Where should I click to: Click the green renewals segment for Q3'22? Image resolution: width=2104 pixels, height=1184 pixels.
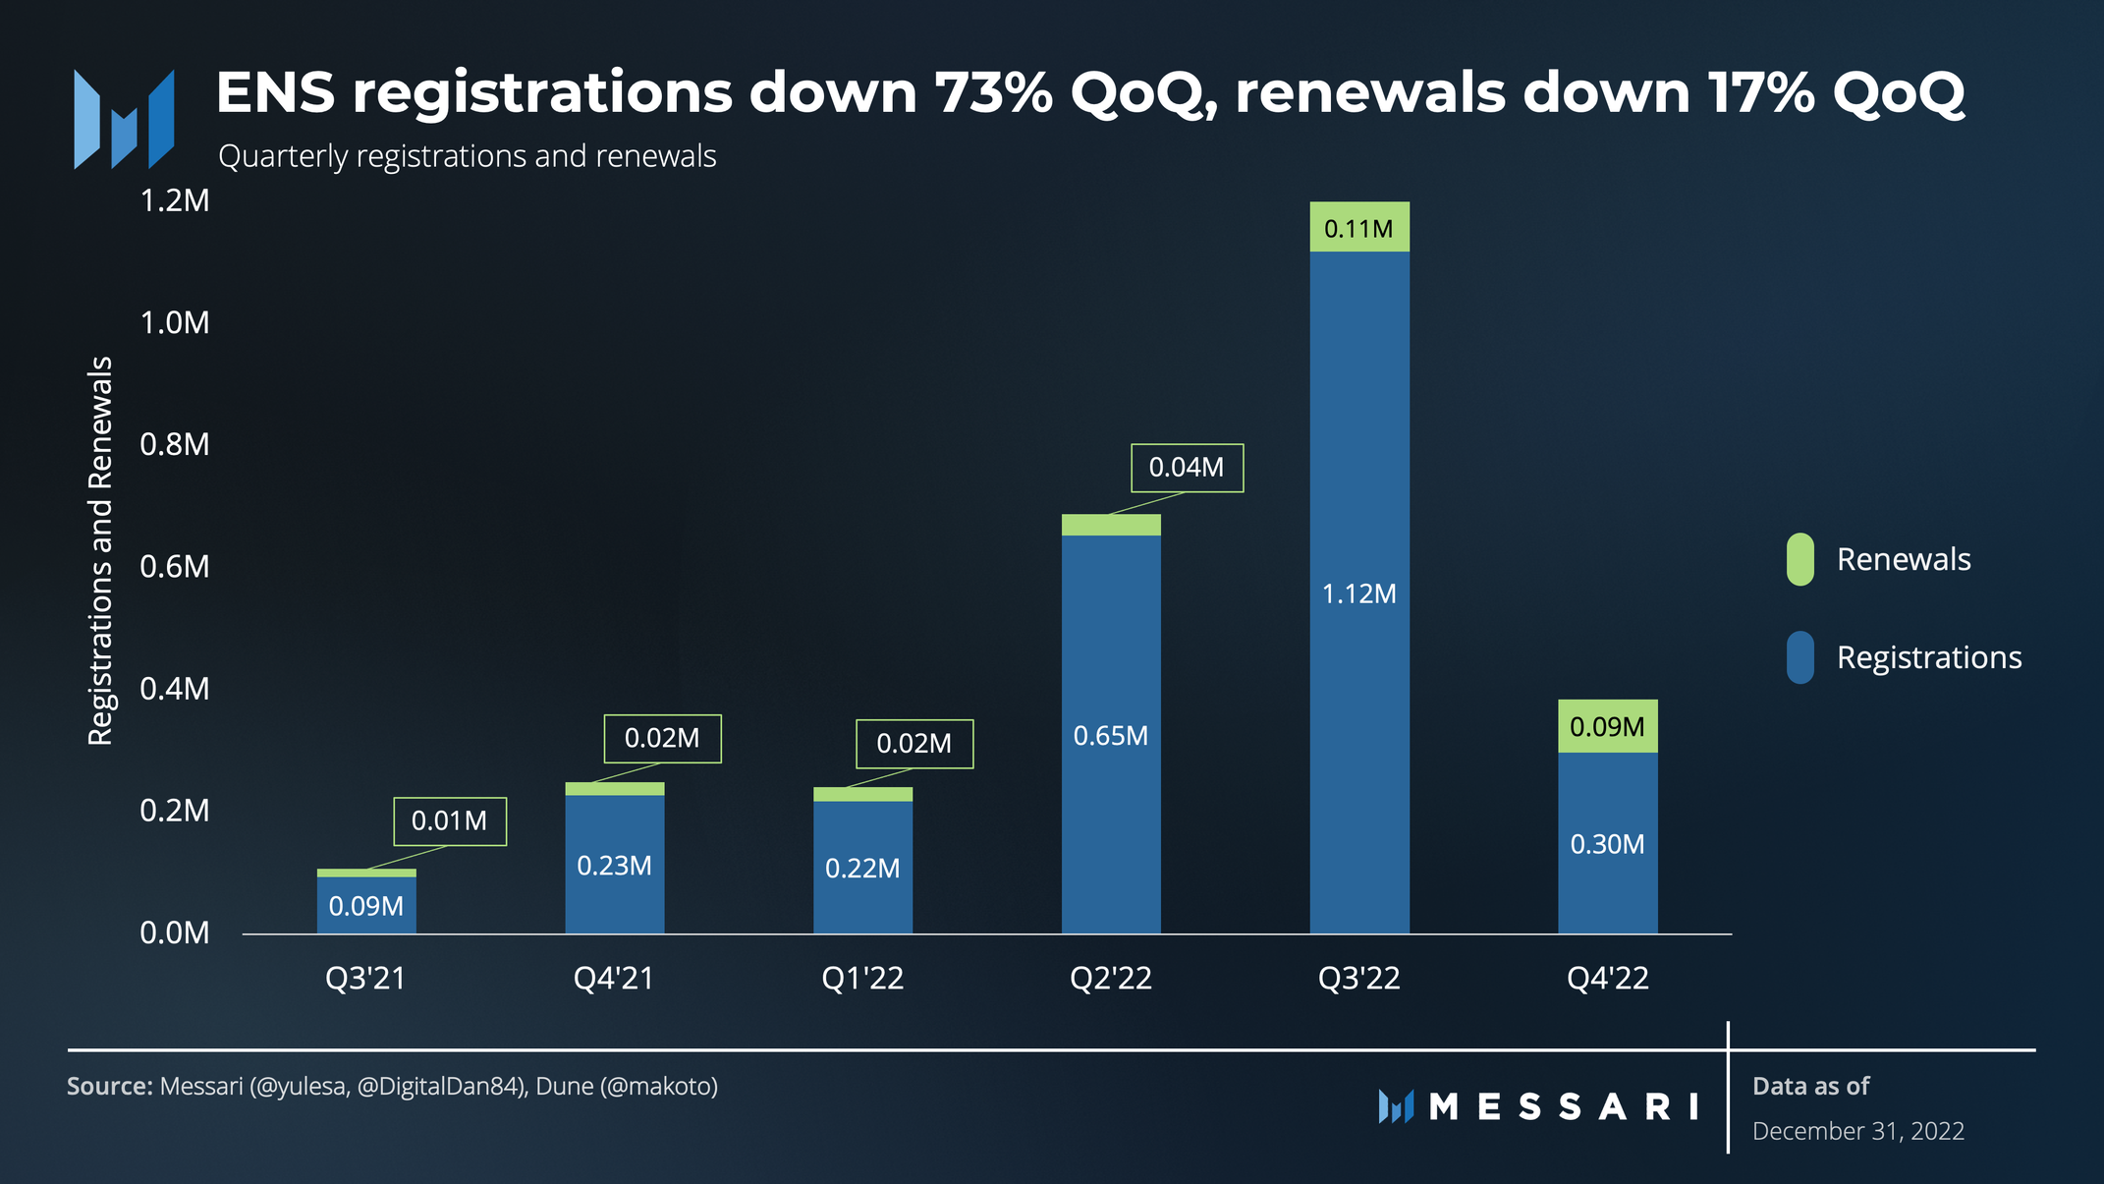[x=1358, y=227]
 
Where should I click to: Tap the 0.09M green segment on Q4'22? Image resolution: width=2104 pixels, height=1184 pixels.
[x=1607, y=726]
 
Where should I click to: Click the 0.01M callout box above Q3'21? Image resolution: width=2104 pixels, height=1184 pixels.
[x=450, y=820]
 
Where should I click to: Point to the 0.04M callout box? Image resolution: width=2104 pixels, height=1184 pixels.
[x=1187, y=468]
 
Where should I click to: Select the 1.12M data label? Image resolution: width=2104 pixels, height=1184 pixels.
[x=1358, y=593]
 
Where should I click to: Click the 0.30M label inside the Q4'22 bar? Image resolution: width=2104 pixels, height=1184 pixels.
[x=1607, y=844]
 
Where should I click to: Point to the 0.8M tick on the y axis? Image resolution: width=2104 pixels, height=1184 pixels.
[x=175, y=444]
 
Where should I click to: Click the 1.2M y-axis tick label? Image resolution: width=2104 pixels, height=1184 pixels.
[x=175, y=200]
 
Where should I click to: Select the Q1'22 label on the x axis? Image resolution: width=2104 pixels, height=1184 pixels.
[x=862, y=978]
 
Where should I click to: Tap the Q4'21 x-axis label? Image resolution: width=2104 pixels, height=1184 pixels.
[x=614, y=978]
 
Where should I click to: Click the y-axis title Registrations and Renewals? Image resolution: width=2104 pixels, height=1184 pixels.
[x=100, y=550]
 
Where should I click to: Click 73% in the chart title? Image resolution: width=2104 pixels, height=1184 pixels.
[x=992, y=92]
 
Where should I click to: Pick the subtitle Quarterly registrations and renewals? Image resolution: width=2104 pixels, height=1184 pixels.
[x=467, y=156]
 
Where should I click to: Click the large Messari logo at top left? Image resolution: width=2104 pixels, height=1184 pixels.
[x=125, y=119]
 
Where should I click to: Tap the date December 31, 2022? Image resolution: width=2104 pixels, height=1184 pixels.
[x=1857, y=1131]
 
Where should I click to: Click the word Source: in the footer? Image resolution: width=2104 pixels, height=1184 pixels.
[x=109, y=1086]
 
